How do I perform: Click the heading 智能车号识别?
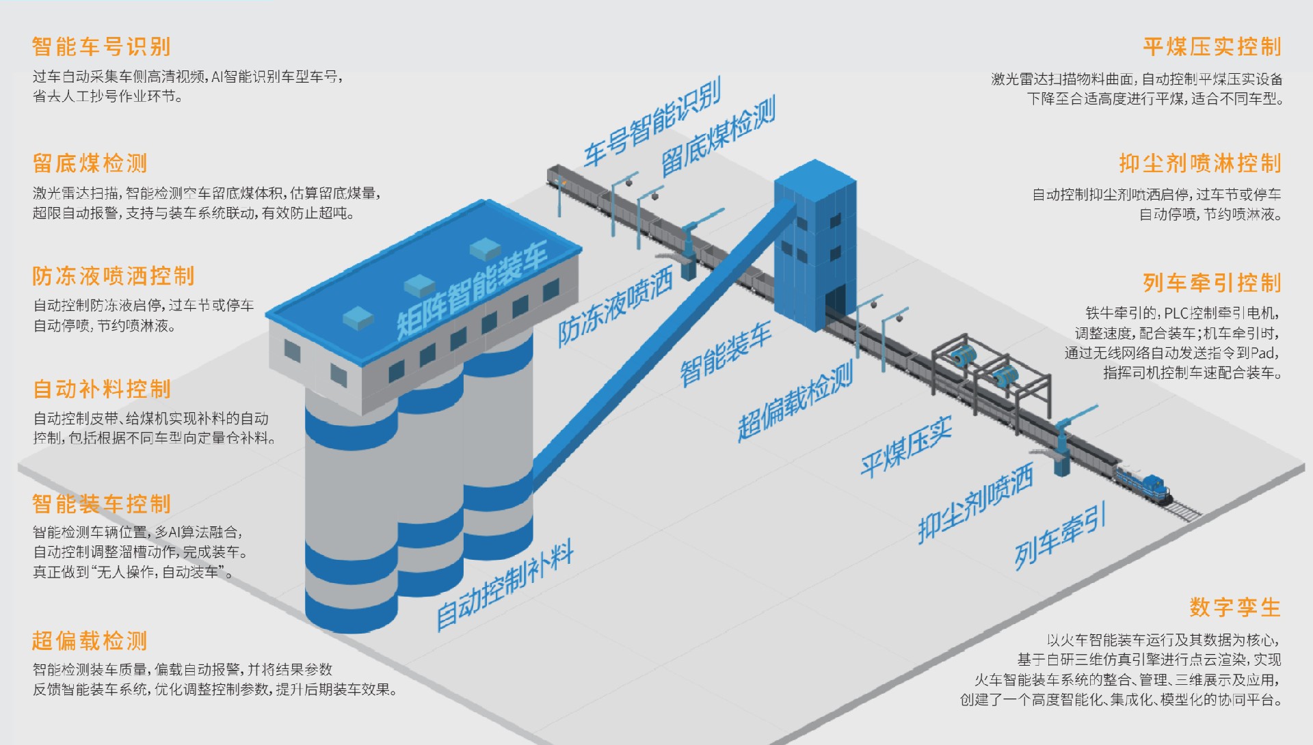pos(101,47)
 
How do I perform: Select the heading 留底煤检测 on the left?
pos(90,164)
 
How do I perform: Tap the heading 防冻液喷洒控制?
pos(114,276)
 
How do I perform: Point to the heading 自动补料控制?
pos(102,390)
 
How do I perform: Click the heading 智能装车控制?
pos(102,504)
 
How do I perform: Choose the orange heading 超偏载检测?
pos(90,641)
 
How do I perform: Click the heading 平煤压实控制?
pos(1212,47)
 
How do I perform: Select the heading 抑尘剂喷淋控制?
pos(1200,164)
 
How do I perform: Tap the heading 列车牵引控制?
pos(1212,283)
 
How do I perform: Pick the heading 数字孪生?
pos(1235,608)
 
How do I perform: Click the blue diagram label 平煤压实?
pos(906,447)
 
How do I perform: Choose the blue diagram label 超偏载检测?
pos(795,401)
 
